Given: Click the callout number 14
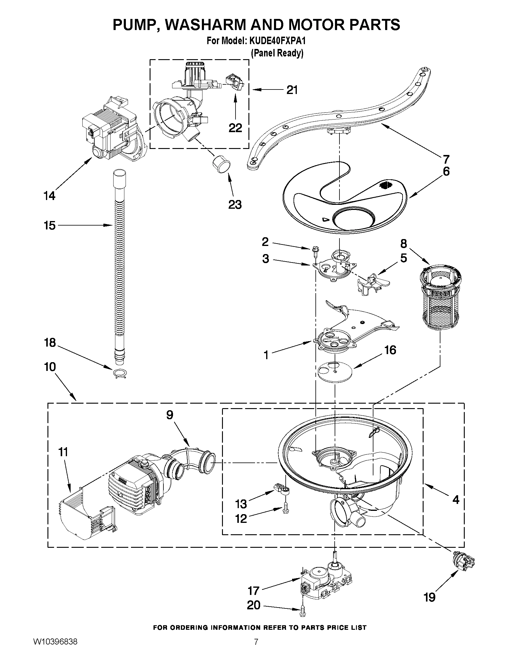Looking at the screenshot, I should pyautogui.click(x=50, y=196).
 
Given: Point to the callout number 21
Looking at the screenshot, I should pyautogui.click(x=292, y=90).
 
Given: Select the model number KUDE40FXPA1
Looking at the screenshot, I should pyautogui.click(x=275, y=41).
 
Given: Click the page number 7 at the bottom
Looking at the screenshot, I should pyautogui.click(x=256, y=648).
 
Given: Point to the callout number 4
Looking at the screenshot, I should pyautogui.click(x=456, y=500).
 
